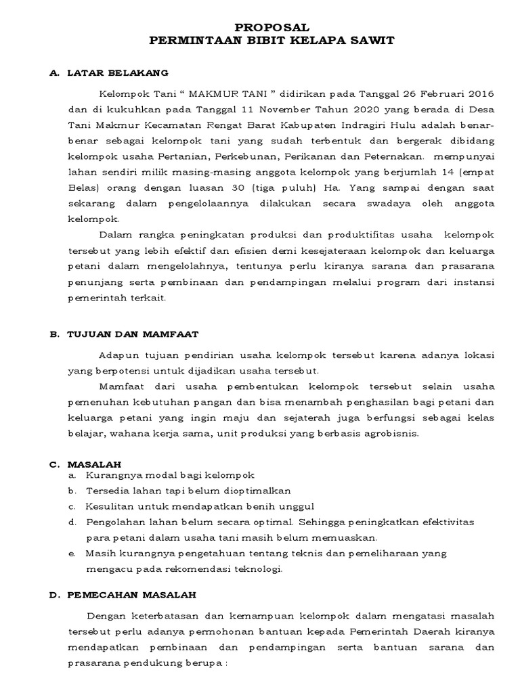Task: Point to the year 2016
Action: pos(481,93)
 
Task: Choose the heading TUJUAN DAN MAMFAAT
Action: pos(133,334)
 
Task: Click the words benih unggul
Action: pos(285,507)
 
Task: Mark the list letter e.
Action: pos(71,554)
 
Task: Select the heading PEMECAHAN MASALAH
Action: pos(131,595)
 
